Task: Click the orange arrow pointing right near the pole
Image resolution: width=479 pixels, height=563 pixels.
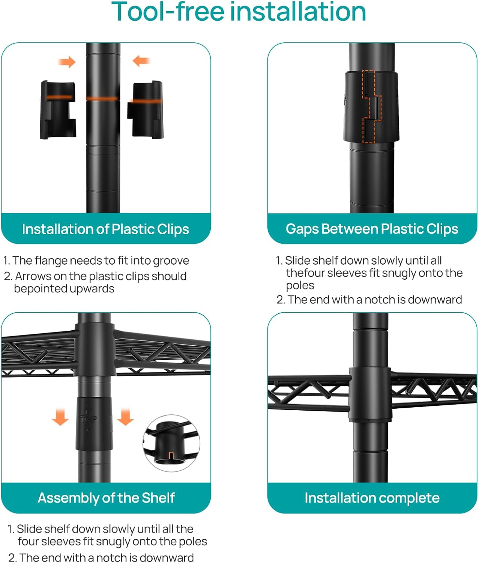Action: [x=67, y=62]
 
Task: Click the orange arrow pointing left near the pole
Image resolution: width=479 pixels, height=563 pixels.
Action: [x=141, y=61]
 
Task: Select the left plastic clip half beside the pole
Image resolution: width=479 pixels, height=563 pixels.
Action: [x=58, y=110]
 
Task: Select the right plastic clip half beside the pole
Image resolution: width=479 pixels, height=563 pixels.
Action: [x=145, y=110]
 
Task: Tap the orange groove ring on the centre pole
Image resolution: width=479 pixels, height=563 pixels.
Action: [x=103, y=98]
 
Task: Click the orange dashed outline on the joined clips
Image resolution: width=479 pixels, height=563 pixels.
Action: [x=371, y=107]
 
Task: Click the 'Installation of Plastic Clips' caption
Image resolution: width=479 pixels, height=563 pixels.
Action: [x=106, y=229]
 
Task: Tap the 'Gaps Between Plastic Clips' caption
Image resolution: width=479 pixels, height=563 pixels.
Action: [x=372, y=229]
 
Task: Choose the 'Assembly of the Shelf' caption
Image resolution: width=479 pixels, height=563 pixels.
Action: [x=106, y=498]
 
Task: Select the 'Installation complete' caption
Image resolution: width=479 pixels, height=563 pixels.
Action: [x=372, y=498]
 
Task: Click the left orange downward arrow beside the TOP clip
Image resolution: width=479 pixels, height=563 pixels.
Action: [x=60, y=417]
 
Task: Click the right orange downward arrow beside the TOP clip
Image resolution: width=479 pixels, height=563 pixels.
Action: [x=125, y=417]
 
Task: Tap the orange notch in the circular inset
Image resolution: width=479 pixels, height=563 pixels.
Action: [x=171, y=455]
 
